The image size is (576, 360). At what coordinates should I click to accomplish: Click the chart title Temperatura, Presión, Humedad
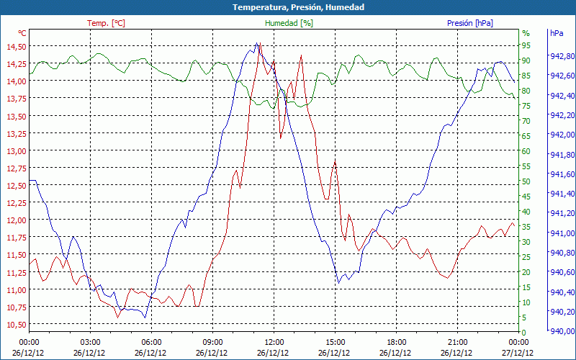(288, 7)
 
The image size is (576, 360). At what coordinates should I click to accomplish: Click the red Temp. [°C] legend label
(106, 23)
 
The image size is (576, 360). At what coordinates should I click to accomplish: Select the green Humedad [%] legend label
(289, 23)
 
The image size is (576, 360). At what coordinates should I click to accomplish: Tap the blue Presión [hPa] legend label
(470, 23)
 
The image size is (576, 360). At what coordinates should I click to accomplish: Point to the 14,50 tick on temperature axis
(15, 47)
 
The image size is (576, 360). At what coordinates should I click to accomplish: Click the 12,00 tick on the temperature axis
(15, 220)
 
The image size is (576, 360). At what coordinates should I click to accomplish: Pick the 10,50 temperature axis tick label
(15, 325)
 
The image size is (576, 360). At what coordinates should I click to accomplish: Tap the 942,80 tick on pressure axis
(562, 56)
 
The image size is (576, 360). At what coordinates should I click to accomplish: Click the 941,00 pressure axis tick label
(562, 233)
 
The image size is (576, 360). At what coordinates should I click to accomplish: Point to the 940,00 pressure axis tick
(562, 331)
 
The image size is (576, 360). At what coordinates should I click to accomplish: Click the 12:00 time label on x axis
(274, 342)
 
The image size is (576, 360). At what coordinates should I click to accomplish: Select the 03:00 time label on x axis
(90, 342)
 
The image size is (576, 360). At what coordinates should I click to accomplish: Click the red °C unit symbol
(22, 33)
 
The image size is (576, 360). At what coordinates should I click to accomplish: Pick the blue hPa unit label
(556, 33)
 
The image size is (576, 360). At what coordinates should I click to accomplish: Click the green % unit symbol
(526, 33)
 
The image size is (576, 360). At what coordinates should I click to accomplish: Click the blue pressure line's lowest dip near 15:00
(338, 282)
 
